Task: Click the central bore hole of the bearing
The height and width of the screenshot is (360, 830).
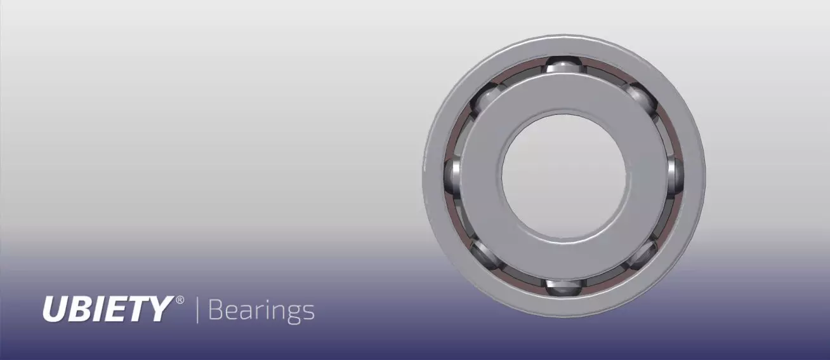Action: click(564, 176)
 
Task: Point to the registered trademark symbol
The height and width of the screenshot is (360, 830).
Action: click(180, 299)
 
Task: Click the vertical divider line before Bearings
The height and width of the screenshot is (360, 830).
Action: click(197, 309)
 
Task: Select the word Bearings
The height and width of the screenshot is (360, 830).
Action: click(261, 310)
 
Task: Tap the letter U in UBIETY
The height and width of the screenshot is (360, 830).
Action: click(53, 309)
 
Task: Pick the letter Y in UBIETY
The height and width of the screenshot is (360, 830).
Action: click(160, 309)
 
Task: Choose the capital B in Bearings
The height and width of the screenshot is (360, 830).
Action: click(216, 310)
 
